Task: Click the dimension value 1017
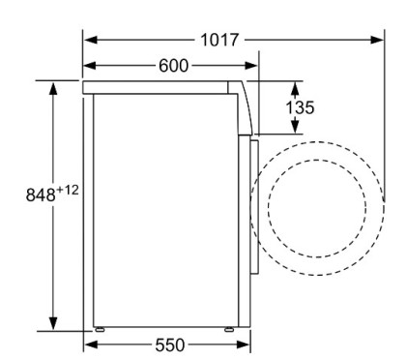click(x=222, y=41)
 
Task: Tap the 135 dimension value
click(x=301, y=107)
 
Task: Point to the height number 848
click(x=40, y=194)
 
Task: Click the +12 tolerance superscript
click(x=68, y=189)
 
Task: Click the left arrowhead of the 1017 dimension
click(x=90, y=41)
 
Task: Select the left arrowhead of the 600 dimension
click(x=90, y=65)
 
